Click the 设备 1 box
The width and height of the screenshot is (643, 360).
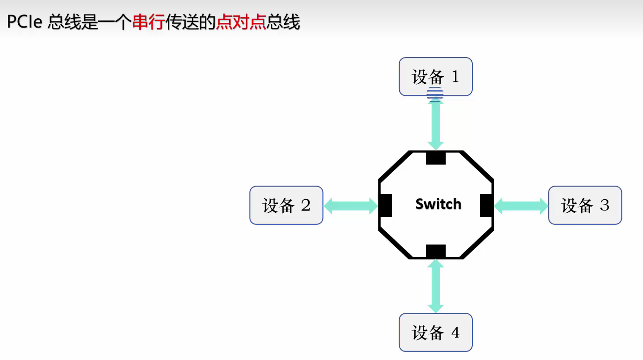pos(435,76)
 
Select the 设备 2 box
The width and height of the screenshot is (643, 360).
pos(286,205)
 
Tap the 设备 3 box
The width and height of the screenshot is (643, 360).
pos(585,205)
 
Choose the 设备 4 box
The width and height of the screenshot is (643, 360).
pos(435,332)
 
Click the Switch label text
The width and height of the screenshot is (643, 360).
pos(438,204)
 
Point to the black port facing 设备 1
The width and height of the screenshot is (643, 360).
pos(435,158)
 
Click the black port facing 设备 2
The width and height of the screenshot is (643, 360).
pos(385,205)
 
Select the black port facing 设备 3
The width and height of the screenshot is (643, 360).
pos(487,205)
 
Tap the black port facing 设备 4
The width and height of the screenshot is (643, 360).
pos(435,252)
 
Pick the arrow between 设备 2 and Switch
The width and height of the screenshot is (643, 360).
pos(351,205)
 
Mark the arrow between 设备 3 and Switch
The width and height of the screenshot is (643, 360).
pos(521,205)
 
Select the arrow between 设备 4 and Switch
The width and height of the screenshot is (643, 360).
pos(435,286)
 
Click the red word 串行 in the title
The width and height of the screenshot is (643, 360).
pos(149,22)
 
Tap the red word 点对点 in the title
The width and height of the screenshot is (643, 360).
pos(241,22)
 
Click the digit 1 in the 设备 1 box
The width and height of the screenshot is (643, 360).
pos(455,76)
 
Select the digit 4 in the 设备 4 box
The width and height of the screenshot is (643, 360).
pos(455,332)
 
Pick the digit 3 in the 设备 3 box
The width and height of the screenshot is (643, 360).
pos(604,205)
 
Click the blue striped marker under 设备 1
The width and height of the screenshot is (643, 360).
pos(435,94)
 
